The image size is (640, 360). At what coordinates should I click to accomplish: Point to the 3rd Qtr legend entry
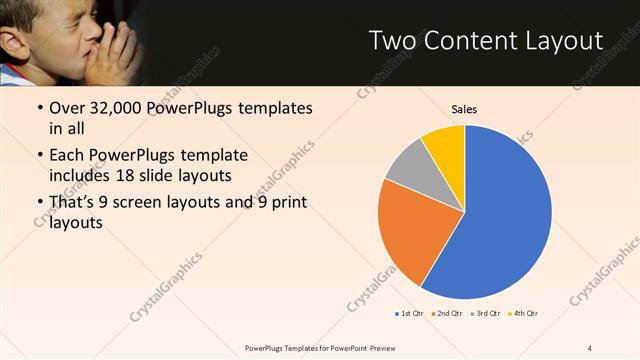[x=483, y=314]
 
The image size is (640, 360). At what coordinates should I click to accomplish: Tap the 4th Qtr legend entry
[x=522, y=314]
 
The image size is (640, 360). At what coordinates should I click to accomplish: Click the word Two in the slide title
[x=392, y=41]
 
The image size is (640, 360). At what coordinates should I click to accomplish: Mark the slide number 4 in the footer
[x=590, y=347]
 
